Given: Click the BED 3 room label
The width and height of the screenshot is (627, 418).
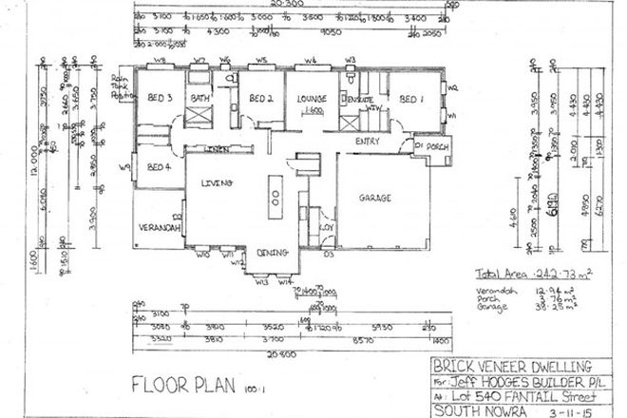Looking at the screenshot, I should tap(158, 98).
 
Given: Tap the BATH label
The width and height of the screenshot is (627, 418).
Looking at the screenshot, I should tap(200, 98).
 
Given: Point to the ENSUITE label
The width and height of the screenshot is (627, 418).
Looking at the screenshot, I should tap(359, 100).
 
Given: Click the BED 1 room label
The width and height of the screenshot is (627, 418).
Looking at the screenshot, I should tap(410, 99).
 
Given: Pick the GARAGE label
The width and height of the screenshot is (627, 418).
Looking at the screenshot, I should tap(376, 199).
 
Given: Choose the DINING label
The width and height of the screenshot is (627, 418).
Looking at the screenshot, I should tap(274, 252).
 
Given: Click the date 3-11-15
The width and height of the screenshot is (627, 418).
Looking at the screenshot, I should tap(568, 409).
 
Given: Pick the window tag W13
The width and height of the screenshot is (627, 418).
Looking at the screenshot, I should tap(262, 282).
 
